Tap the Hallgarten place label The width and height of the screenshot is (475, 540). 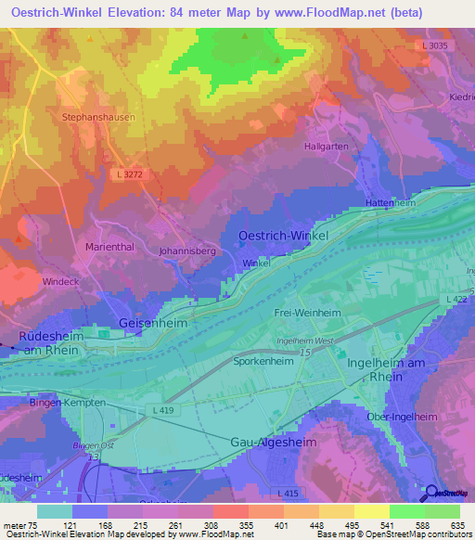(327, 147)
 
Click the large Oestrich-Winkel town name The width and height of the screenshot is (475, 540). (283, 236)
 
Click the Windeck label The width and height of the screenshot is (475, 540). (59, 280)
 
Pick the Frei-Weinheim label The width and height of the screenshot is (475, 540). (307, 314)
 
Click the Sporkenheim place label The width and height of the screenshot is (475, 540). (263, 361)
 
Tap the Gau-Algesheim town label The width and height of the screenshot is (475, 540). (273, 444)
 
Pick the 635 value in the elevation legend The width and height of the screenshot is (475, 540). (456, 526)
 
